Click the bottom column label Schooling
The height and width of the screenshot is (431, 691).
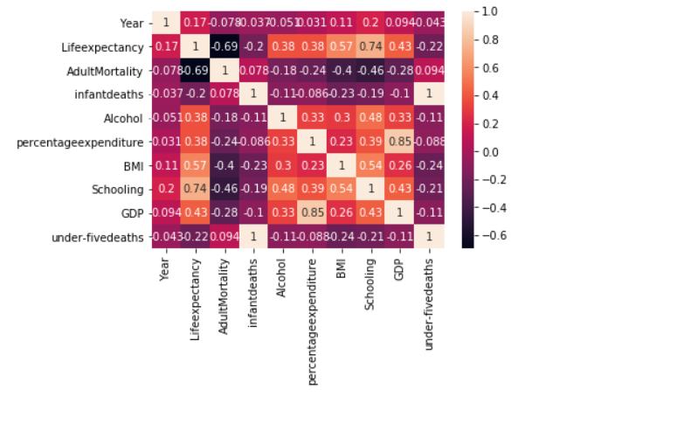(370, 280)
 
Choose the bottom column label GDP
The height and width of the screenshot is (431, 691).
(399, 267)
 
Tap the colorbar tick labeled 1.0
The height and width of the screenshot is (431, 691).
(490, 11)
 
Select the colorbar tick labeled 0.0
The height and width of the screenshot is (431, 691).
(490, 152)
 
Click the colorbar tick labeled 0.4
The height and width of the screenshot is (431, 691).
(490, 95)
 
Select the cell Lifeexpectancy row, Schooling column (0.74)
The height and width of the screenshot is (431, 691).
(370, 45)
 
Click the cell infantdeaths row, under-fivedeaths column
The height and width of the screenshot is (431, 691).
(429, 94)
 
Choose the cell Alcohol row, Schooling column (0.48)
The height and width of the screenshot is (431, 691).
(370, 117)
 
